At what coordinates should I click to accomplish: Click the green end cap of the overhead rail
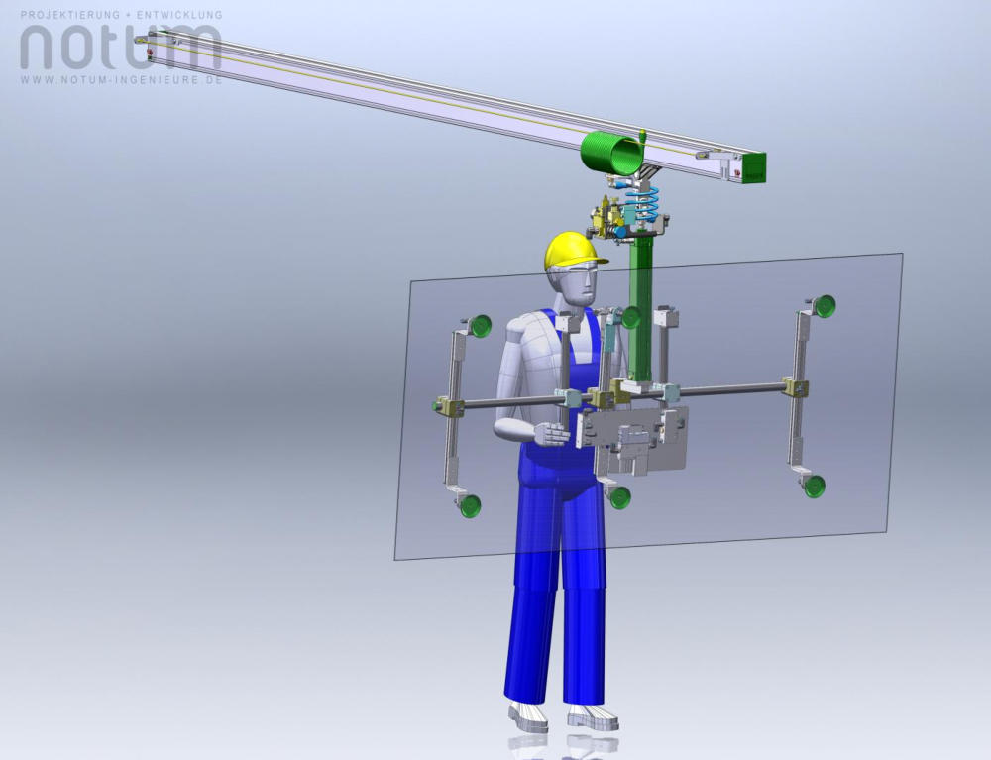tap(754, 167)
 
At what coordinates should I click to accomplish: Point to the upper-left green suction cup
tap(481, 325)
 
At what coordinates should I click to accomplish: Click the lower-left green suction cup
tap(470, 506)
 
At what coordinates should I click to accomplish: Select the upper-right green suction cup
tap(825, 306)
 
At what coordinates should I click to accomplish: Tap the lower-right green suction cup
tap(814, 487)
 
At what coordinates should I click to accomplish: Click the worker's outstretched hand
tap(552, 435)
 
